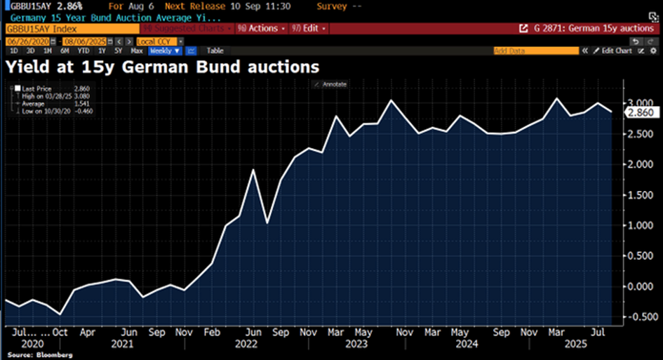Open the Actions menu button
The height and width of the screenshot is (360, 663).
pos(262,29)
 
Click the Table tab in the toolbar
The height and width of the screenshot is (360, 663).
pos(215,51)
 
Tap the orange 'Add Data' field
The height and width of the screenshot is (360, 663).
pos(536,51)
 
